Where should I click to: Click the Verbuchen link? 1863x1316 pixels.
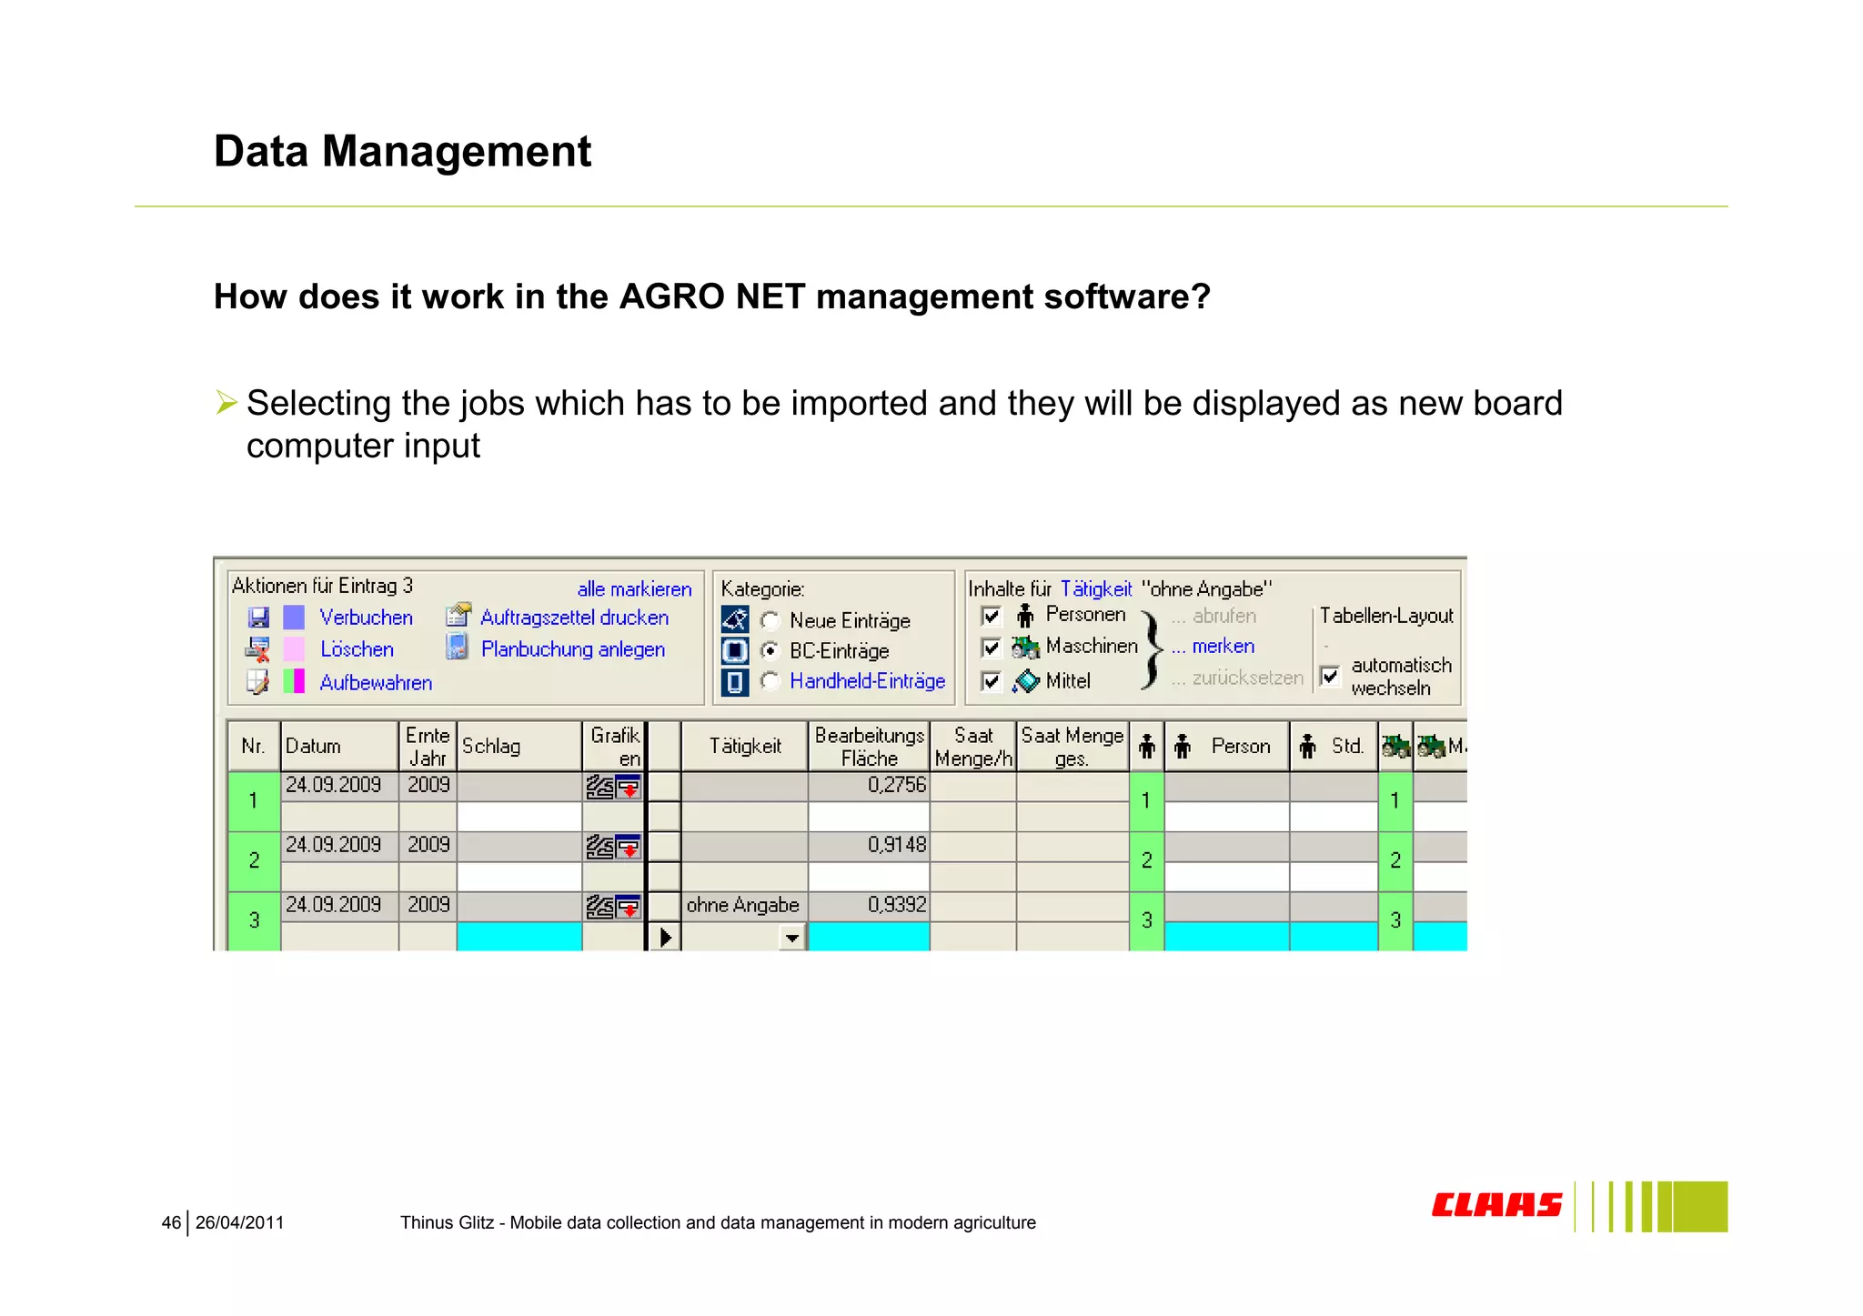point(366,618)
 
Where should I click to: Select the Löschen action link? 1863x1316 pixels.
point(357,649)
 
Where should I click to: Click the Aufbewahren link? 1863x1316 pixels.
point(376,682)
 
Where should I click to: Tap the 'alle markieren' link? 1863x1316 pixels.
point(634,589)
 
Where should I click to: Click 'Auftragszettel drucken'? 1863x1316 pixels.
point(574,618)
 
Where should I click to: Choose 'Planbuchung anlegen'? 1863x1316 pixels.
point(572,649)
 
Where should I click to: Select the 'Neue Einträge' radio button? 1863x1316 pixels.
point(770,621)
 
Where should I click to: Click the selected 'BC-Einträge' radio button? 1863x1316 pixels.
point(770,651)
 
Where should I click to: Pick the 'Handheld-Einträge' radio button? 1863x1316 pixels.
point(770,681)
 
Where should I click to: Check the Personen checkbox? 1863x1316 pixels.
point(992,616)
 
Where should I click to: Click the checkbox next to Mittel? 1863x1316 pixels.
point(992,681)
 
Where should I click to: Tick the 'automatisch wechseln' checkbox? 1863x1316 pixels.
point(1330,677)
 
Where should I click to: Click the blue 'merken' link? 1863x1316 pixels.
point(1223,647)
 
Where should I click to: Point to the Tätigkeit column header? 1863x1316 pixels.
point(744,747)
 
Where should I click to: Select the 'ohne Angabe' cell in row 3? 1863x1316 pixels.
point(742,906)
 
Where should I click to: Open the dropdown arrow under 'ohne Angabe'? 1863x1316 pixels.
point(792,938)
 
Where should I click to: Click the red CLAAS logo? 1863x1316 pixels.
point(1496,1205)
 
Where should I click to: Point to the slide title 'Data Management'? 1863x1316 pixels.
point(402,151)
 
